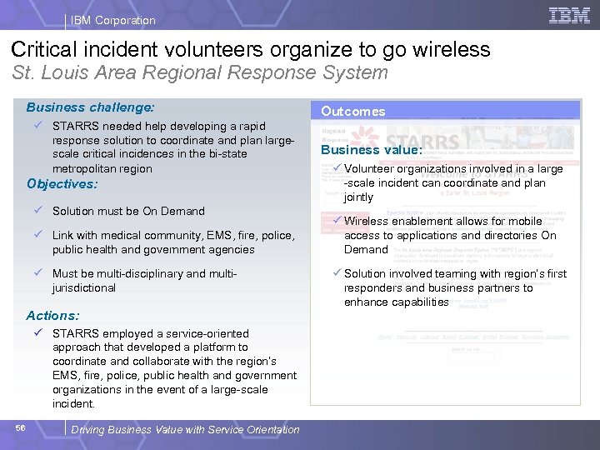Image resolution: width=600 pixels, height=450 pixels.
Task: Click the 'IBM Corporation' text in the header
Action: tap(113, 20)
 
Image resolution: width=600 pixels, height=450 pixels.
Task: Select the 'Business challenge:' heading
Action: tap(90, 107)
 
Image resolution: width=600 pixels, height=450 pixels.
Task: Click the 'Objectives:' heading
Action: tap(62, 184)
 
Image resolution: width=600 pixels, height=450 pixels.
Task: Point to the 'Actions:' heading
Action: tap(52, 316)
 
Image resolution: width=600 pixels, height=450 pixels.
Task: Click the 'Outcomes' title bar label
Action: tap(353, 112)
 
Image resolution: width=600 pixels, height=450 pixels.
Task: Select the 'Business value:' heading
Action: tap(372, 150)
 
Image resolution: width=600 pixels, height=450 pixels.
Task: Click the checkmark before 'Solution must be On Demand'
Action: tap(38, 211)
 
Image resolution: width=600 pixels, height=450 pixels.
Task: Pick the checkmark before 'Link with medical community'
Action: tap(38, 235)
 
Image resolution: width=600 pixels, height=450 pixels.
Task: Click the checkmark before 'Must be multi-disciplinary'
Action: tap(38, 273)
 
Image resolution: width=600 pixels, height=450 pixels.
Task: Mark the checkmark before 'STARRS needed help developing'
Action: tap(38, 125)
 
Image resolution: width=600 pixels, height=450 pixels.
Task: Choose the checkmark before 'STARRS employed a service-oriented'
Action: tap(38, 332)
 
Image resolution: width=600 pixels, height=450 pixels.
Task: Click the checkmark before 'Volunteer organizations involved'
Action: tap(337, 168)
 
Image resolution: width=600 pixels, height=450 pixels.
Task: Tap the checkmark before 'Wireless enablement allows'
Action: tap(337, 221)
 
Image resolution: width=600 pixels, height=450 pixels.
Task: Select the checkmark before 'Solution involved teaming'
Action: tap(337, 273)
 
